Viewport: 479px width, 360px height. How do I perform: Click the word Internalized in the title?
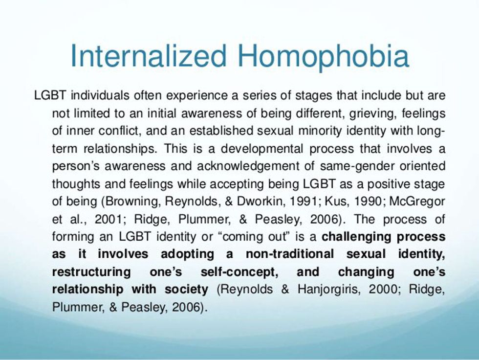[149, 56]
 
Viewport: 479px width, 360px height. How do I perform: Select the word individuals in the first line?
[100, 95]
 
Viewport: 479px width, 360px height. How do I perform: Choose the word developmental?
[262, 149]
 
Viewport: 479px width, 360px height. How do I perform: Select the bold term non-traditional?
[289, 254]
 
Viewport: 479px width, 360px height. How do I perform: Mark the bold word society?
[187, 290]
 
